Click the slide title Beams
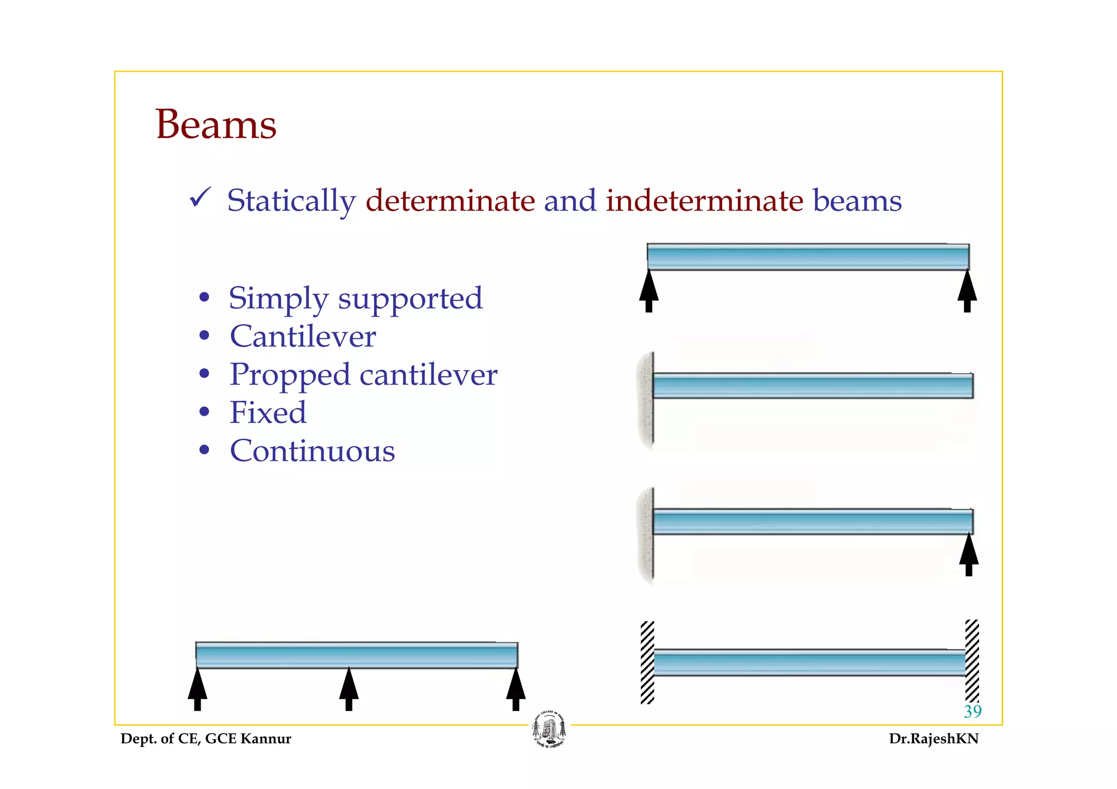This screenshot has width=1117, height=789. (x=216, y=124)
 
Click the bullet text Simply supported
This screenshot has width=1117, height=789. (x=355, y=298)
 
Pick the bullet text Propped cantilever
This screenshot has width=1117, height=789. (x=363, y=374)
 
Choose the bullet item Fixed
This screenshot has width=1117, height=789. (x=268, y=412)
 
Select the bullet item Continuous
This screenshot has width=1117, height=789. (x=312, y=451)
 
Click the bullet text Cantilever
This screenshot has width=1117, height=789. (x=303, y=336)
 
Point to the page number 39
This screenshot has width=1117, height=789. (x=972, y=711)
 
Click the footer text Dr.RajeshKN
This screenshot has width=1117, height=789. (x=933, y=739)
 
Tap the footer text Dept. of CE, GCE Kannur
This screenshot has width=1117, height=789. (x=206, y=739)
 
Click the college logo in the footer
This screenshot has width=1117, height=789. (x=549, y=730)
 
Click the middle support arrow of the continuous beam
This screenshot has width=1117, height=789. (x=349, y=689)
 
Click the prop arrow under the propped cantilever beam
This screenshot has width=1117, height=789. (x=969, y=554)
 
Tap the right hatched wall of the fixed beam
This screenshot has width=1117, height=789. (x=972, y=661)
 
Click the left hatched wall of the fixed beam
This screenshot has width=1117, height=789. (x=647, y=663)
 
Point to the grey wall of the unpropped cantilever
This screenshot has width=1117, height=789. (x=646, y=400)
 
